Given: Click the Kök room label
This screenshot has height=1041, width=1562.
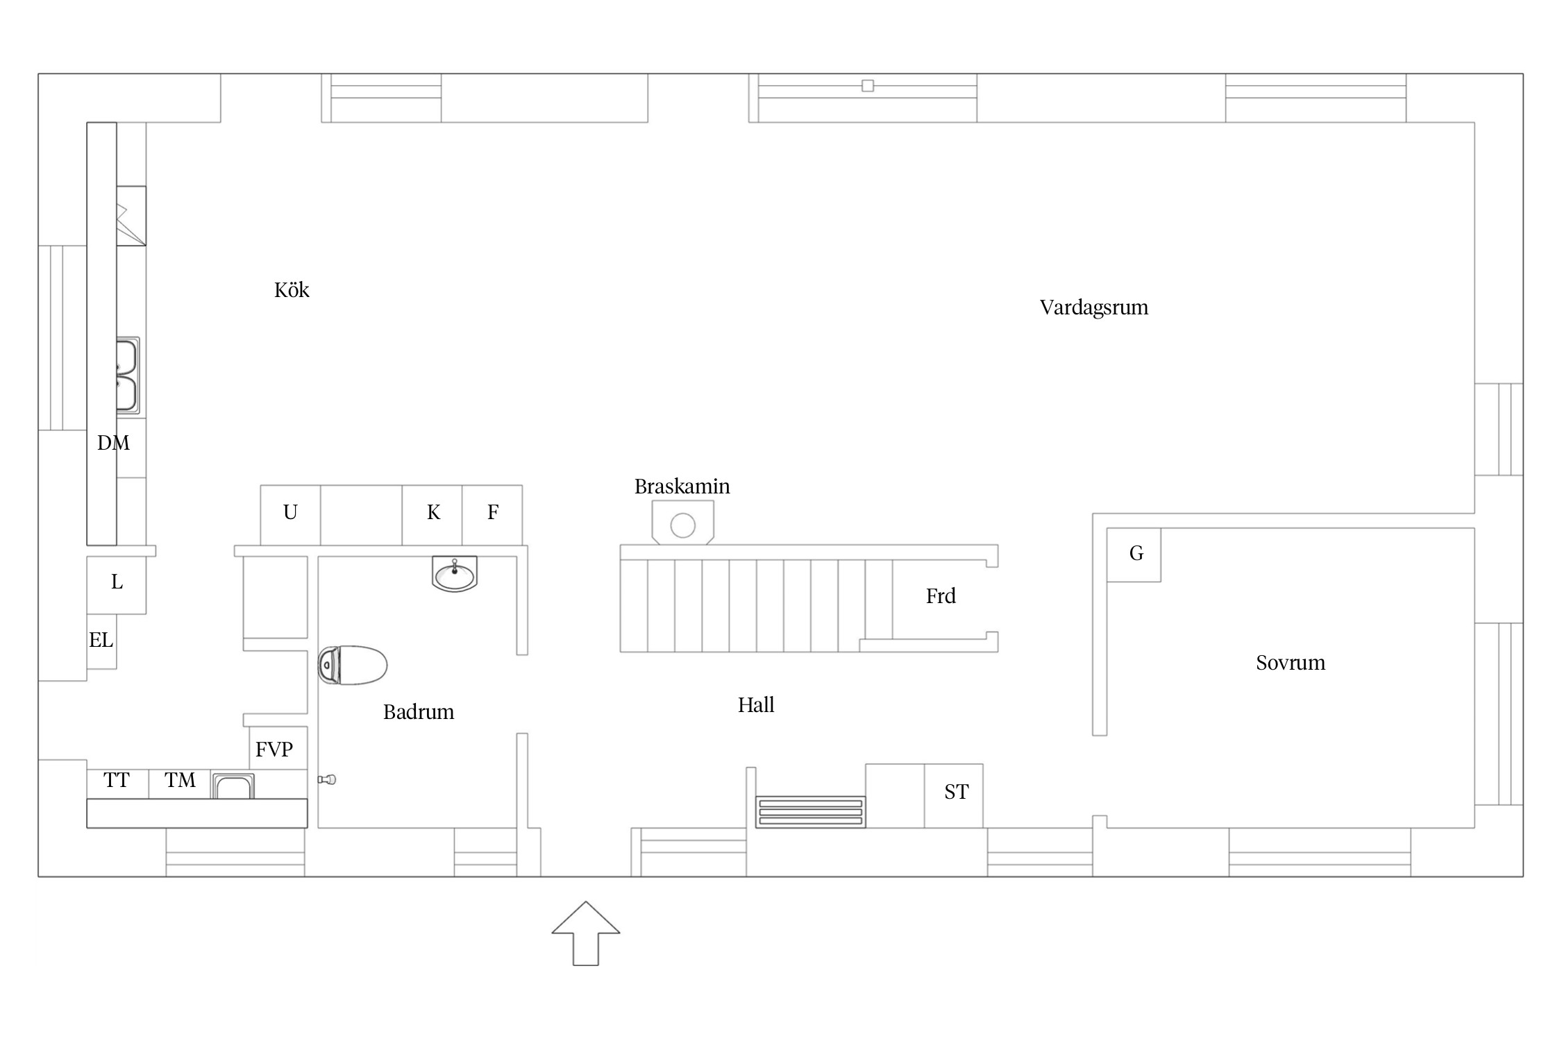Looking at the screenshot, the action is [292, 290].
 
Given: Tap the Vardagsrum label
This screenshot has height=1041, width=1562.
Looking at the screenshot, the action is [1094, 307].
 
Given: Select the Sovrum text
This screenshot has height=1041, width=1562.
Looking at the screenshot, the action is [1291, 663].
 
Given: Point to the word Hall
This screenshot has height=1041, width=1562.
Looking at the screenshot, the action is [756, 705].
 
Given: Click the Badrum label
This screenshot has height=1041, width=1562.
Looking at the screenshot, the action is [419, 712].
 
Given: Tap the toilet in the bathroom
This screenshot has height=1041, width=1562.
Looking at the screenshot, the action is [352, 665].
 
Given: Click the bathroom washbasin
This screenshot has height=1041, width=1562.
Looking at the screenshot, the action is [455, 574].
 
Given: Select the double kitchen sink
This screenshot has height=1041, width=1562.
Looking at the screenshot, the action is [128, 375].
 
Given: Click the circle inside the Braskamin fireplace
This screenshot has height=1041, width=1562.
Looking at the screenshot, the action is [683, 525].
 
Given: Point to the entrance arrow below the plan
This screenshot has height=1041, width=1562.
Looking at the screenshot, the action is [586, 933].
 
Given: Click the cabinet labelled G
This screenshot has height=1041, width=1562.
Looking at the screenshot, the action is [1134, 555].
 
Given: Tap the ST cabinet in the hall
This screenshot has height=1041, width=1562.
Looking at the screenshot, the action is [954, 796].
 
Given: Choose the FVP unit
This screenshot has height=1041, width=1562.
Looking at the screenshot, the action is [278, 748].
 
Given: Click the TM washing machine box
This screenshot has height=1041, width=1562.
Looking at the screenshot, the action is [180, 784].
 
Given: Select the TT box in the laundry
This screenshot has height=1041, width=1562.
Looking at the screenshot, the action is [117, 784].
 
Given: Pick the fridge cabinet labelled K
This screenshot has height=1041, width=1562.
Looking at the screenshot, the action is [433, 515].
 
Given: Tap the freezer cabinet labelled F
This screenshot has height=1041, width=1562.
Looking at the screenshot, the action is [492, 515].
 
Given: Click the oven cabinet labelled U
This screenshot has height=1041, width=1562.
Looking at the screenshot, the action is [290, 515].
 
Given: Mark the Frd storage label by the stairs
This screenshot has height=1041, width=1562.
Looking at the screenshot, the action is [941, 596].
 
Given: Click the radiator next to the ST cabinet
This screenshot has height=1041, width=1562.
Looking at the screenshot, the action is [811, 812].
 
